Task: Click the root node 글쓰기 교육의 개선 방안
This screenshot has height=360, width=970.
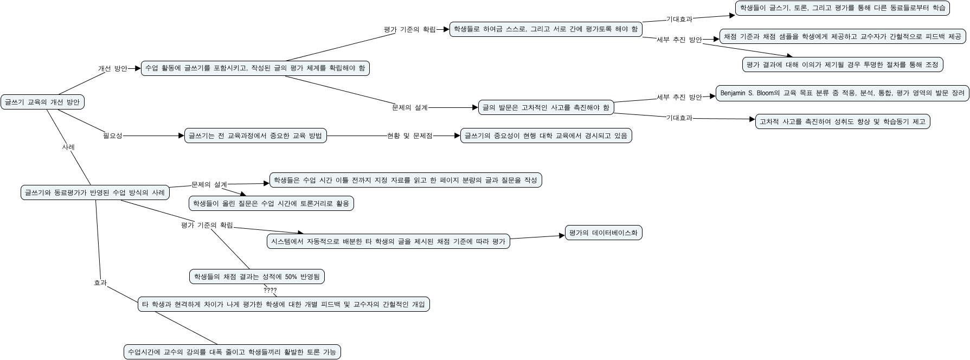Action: [x=43, y=102]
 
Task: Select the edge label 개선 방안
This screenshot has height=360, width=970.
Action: [x=112, y=69]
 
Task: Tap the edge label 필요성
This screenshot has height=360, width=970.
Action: [x=113, y=136]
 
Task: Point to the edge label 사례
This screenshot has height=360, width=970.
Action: [x=68, y=147]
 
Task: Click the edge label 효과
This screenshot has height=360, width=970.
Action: [x=100, y=282]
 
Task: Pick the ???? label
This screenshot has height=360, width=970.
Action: [x=270, y=290]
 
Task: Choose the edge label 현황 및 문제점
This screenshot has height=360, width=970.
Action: [x=409, y=136]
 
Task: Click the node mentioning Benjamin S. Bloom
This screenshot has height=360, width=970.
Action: [x=842, y=93]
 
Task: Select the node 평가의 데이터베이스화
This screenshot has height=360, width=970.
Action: [x=603, y=233]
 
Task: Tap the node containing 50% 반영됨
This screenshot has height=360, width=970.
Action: [x=257, y=277]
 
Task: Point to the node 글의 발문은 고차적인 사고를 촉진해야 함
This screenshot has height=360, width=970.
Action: [x=546, y=107]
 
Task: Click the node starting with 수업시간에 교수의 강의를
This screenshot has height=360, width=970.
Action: [x=232, y=352]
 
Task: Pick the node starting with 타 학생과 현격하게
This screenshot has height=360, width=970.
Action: [x=284, y=304]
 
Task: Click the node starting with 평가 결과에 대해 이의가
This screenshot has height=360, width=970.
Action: [x=842, y=65]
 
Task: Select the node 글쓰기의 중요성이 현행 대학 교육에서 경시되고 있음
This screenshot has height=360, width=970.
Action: [x=546, y=136]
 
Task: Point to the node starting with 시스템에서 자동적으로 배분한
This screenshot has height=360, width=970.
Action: [x=388, y=241]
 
